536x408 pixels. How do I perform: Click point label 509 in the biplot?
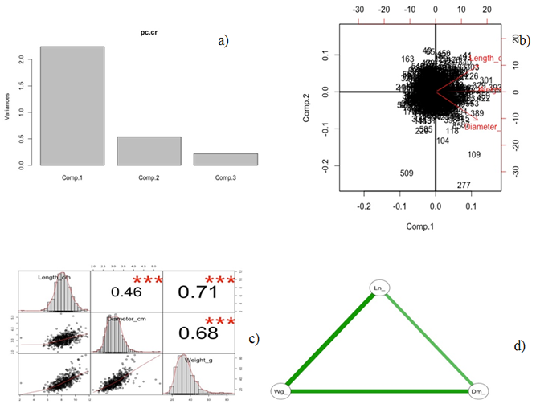[x=407, y=173]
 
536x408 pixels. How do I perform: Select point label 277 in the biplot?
[x=464, y=186]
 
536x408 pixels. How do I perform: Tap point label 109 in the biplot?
[x=474, y=155]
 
